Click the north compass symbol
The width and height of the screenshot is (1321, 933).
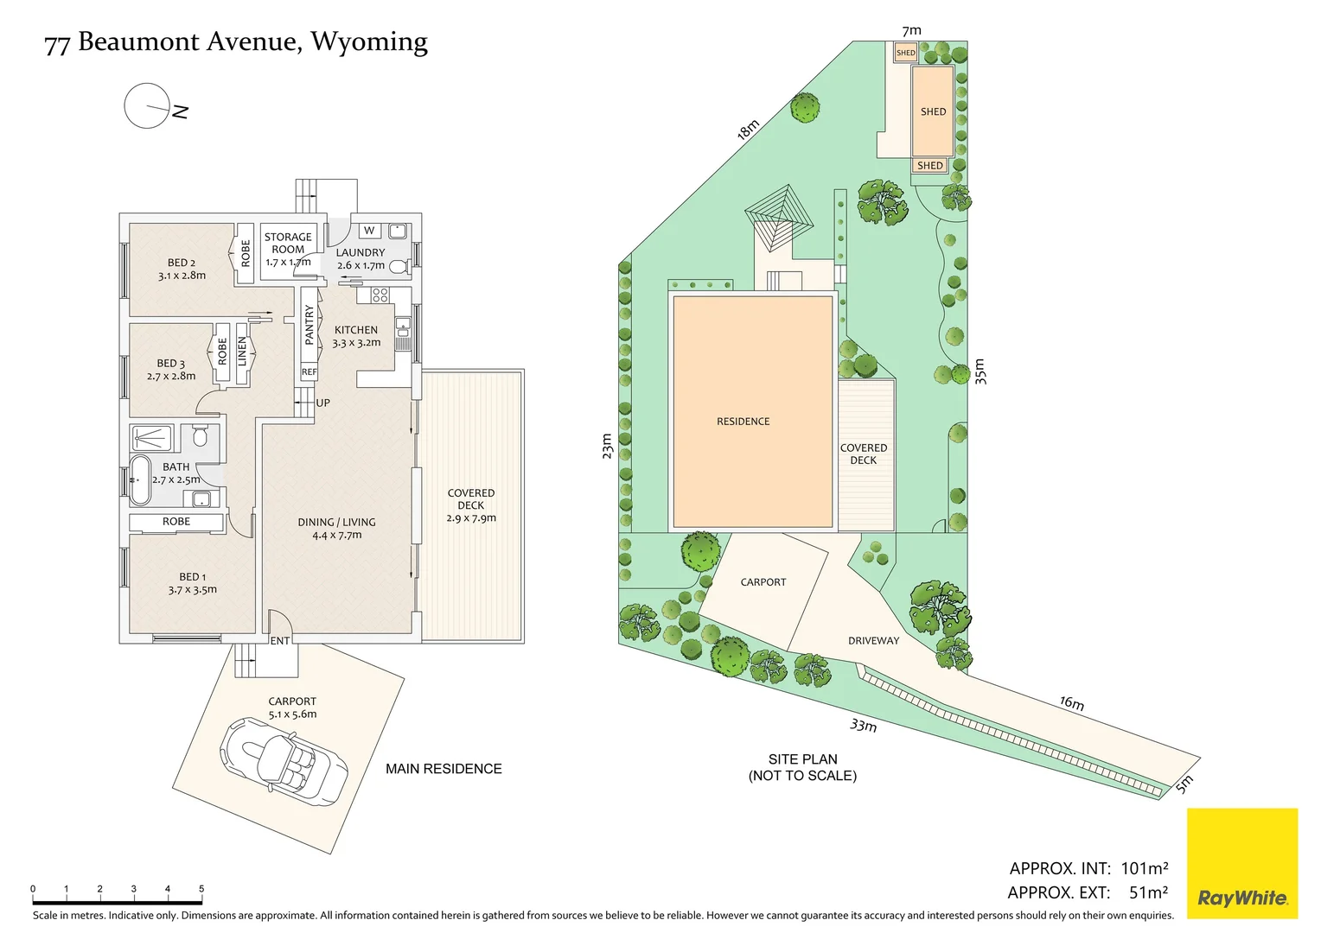149,106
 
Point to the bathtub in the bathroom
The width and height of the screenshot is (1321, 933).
140,479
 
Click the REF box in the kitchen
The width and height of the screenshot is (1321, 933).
309,372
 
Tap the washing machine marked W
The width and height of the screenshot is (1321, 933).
369,231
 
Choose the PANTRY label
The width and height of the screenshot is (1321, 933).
310,325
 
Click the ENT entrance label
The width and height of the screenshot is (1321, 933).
280,641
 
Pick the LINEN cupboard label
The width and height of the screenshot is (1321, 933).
242,352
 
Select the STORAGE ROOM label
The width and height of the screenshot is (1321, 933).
288,243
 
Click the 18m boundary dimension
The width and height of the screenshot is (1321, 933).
748,130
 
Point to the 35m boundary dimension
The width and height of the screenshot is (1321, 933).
980,371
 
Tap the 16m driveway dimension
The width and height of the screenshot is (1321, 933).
1072,703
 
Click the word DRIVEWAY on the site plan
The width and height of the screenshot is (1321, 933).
873,641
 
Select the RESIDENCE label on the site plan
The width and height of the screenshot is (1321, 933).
743,422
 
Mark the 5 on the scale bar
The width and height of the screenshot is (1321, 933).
201,889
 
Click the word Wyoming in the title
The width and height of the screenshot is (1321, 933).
369,42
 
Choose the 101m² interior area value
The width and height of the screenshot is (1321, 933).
1144,868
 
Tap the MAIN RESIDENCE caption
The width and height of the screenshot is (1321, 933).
444,769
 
